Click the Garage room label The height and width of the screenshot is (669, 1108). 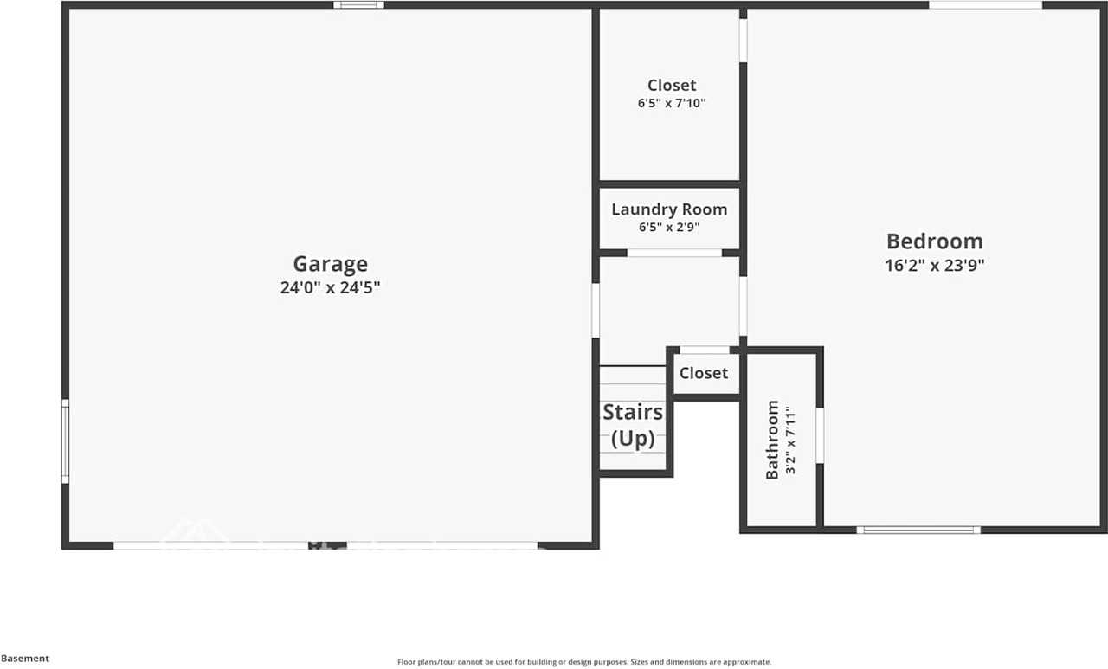tap(330, 264)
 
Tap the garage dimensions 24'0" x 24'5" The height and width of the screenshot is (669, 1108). tap(330, 288)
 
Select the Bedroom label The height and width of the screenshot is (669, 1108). tap(934, 241)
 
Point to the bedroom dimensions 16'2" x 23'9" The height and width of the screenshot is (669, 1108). tap(934, 266)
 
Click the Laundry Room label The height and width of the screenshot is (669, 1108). tap(669, 209)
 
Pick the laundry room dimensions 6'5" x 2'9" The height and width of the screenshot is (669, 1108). tap(669, 228)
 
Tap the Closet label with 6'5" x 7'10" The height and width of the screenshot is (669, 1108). tap(672, 86)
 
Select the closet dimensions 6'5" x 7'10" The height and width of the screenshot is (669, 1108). tap(672, 103)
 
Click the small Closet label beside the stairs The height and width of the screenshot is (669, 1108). tap(703, 373)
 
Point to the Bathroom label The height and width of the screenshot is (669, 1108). tap(772, 439)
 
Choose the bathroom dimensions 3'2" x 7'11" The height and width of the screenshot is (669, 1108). tap(789, 439)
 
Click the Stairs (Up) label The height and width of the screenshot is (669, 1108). tap(633, 425)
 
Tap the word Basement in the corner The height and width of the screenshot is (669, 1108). tap(25, 659)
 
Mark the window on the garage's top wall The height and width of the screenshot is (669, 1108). tap(358, 5)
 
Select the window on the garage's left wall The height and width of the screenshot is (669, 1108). tap(65, 441)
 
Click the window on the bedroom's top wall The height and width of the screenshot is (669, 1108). tap(985, 5)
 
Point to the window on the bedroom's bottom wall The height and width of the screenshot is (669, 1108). tap(918, 530)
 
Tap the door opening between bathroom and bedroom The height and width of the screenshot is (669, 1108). tap(820, 435)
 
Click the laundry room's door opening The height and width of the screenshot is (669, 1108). tap(674, 253)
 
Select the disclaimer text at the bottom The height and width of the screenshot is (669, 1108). tap(583, 662)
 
